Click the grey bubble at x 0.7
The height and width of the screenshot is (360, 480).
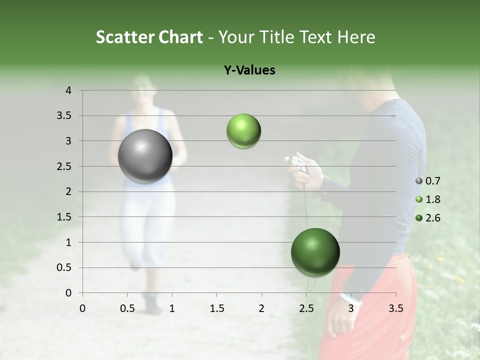click(x=145, y=156)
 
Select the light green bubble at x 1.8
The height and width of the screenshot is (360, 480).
click(x=243, y=130)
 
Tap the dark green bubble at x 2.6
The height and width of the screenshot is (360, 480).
click(x=315, y=252)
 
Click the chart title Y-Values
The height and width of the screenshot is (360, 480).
click(x=249, y=70)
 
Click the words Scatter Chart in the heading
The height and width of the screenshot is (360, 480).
click(x=149, y=37)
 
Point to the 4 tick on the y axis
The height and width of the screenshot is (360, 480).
click(x=68, y=90)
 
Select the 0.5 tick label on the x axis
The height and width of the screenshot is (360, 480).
click(x=127, y=308)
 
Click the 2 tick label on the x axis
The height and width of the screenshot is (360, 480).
click(x=261, y=308)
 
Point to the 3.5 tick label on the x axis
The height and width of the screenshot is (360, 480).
click(x=395, y=308)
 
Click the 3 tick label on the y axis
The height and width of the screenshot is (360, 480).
click(x=68, y=141)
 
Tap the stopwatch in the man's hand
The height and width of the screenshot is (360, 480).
click(x=297, y=164)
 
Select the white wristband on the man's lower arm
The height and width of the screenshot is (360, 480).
click(x=350, y=298)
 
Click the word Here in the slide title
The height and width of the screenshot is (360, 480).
click(x=356, y=37)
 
